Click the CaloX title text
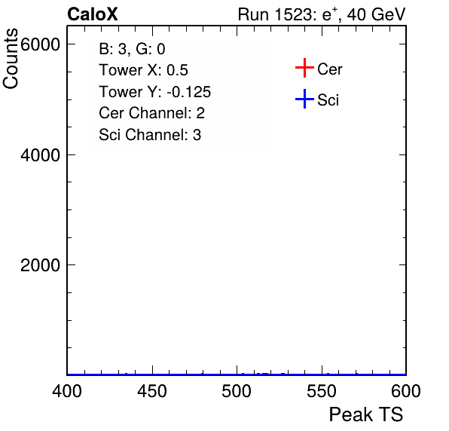coord(93,14)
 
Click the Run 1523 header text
coord(276,14)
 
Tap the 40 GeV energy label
coord(376,14)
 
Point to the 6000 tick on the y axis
coord(40,44)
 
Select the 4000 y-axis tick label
coord(40,155)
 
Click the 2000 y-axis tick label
coord(40,265)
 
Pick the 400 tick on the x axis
coord(67,391)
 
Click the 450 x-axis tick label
coord(152,391)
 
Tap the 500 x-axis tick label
coord(237,391)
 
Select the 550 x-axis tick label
coord(322,391)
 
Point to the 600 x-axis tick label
coord(406,391)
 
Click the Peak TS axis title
coord(366,414)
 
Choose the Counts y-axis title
coord(11,59)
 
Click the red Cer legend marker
coord(304,68)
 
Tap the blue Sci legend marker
coord(304,99)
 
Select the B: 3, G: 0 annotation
coord(132,49)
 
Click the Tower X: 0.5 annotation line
coord(143,70)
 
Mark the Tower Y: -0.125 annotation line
coord(155,92)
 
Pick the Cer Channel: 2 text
coord(151,113)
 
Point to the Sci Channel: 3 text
coord(150,135)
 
